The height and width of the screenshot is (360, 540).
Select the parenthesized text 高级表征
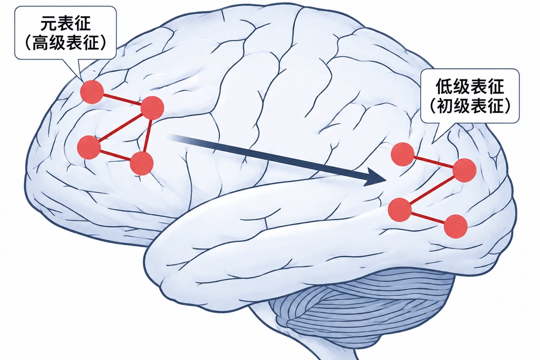[65, 43]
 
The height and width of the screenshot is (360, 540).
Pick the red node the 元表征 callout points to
[92, 92]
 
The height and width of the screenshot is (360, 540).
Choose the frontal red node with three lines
[152, 108]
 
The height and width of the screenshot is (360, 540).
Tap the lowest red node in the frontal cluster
[141, 163]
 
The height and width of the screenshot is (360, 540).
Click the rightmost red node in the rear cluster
[465, 170]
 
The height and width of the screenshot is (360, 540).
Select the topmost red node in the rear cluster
[402, 154]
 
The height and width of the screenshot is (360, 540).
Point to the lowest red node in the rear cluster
[456, 226]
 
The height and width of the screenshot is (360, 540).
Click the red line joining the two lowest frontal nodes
[115, 155]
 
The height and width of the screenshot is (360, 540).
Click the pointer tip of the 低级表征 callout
[432, 143]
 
